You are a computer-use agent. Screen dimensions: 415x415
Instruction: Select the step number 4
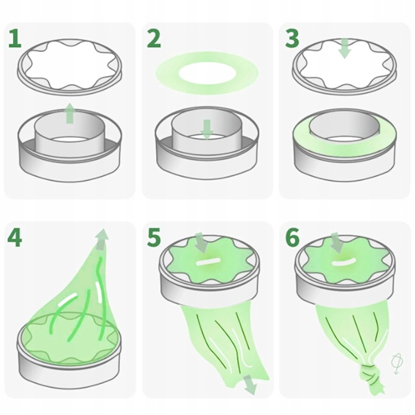click(15, 237)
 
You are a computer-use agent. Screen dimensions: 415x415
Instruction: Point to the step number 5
click(154, 237)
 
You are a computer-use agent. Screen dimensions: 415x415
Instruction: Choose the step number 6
click(292, 237)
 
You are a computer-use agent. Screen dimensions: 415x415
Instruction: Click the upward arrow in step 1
click(70, 113)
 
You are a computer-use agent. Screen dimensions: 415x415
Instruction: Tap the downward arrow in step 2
click(207, 130)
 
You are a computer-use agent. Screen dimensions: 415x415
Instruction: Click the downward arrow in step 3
click(345, 48)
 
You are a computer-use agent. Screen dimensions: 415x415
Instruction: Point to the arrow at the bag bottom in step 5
click(250, 384)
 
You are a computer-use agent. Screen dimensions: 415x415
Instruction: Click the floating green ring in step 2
click(207, 72)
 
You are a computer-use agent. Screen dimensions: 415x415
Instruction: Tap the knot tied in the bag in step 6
click(369, 373)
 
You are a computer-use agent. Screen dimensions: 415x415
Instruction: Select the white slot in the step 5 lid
click(207, 262)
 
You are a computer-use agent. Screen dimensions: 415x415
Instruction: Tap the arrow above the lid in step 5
click(201, 243)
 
